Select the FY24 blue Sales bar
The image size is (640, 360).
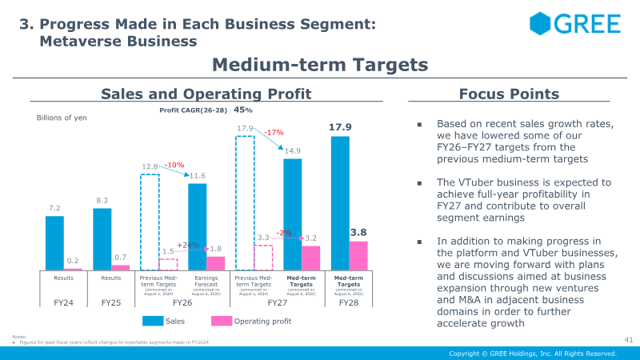(x=54, y=242)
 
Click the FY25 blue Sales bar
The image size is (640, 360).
(x=102, y=238)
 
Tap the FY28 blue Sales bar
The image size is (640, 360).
(x=340, y=203)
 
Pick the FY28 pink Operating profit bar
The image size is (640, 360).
(x=359, y=255)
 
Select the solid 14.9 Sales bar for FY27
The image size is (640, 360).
(x=293, y=214)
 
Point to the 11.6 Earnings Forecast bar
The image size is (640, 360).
(x=197, y=226)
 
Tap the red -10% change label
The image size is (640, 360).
(x=174, y=165)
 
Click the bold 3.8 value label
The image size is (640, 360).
(x=359, y=232)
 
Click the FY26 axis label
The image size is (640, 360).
(x=182, y=303)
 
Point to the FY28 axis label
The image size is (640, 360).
(x=349, y=303)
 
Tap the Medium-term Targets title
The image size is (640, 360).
(x=320, y=64)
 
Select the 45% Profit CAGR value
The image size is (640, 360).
(x=242, y=110)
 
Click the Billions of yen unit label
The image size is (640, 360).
(x=62, y=118)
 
